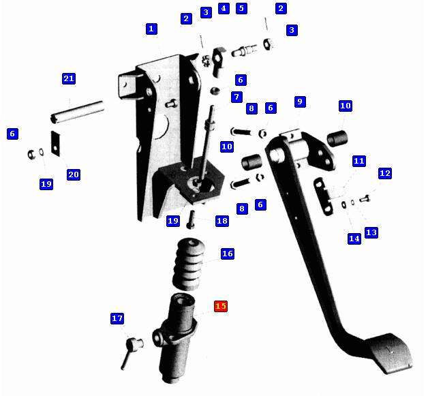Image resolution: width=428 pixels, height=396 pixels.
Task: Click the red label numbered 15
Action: pyautogui.click(x=221, y=306)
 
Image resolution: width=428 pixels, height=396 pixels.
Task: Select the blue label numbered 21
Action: pyautogui.click(x=69, y=78)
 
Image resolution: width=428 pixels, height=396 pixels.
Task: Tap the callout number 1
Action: pyautogui.click(x=151, y=29)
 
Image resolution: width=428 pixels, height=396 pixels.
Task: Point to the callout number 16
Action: pyautogui.click(x=228, y=254)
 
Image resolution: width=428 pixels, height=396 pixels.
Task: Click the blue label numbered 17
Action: pyautogui.click(x=117, y=318)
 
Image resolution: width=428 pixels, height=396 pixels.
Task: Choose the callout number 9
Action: pyautogui.click(x=300, y=102)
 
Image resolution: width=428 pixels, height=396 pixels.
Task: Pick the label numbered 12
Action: pyautogui.click(x=385, y=173)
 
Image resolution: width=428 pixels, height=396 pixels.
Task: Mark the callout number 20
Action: pyautogui.click(x=74, y=174)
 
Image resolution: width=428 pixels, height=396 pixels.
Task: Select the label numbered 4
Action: pyautogui.click(x=224, y=8)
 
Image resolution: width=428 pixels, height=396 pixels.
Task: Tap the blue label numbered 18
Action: pyautogui.click(x=222, y=221)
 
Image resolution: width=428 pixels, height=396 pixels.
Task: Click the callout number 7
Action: pyautogui.click(x=236, y=97)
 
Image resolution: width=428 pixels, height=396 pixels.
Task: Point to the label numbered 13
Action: pyautogui.click(x=371, y=232)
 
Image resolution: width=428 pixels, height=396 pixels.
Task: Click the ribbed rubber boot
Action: pyautogui.click(x=189, y=264)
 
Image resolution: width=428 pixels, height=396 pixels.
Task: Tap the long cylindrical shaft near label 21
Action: pyautogui.click(x=78, y=112)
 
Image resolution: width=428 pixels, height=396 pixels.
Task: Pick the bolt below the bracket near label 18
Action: pyautogui.click(x=191, y=219)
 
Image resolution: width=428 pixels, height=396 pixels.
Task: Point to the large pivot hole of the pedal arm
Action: pyautogui.click(x=277, y=153)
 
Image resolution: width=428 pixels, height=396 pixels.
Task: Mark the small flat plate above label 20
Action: pyautogui.click(x=56, y=144)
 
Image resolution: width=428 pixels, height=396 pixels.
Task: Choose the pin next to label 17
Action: pyautogui.click(x=130, y=351)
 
